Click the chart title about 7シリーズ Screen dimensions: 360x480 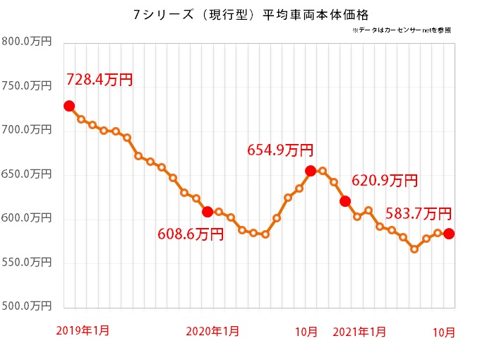[x=240, y=14]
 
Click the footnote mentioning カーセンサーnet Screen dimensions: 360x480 [x=400, y=31]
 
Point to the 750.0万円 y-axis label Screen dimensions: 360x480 [x=27, y=86]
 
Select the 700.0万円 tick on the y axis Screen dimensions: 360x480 [x=27, y=130]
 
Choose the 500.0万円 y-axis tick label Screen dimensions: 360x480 [x=27, y=306]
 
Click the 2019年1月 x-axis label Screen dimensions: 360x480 [x=83, y=330]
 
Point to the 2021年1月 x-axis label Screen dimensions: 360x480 [x=359, y=330]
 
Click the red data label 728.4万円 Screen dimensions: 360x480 [x=100, y=80]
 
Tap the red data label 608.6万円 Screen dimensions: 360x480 [x=191, y=234]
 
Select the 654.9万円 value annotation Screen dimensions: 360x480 [x=280, y=150]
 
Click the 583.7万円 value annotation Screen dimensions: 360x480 [x=419, y=213]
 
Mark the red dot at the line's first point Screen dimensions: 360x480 [x=69, y=106]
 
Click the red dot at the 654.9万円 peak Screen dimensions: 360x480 [x=311, y=171]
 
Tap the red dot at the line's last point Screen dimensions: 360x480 [x=449, y=234]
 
